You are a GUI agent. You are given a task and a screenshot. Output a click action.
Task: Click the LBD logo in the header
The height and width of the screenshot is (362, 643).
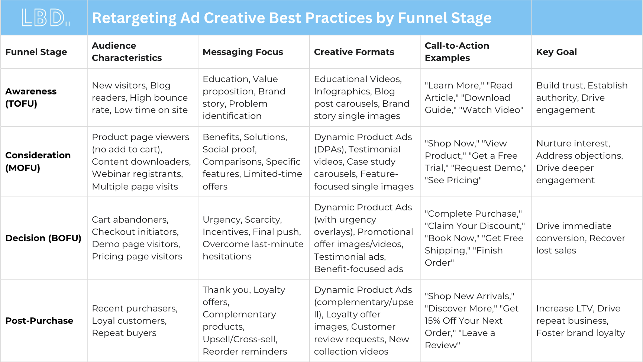45,17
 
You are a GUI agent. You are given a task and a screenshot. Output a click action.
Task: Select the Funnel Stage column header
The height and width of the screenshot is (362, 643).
36,52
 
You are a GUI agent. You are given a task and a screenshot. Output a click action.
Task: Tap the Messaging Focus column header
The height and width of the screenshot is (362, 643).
243,52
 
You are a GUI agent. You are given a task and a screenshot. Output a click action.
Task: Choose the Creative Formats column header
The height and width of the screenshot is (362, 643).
354,52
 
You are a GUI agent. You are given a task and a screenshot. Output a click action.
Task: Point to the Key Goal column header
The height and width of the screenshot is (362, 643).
556,52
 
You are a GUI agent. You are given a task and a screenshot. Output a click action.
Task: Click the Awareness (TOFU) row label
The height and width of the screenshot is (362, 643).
31,97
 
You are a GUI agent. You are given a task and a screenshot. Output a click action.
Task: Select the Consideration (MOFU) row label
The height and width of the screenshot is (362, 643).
38,161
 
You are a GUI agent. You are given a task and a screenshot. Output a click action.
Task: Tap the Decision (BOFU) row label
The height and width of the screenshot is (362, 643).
43,238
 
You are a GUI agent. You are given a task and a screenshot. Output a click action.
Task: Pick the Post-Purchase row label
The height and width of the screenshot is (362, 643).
39,321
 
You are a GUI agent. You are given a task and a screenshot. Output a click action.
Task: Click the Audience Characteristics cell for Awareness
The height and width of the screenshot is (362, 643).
140,98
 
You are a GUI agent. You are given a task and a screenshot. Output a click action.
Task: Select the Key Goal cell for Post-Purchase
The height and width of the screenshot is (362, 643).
580,321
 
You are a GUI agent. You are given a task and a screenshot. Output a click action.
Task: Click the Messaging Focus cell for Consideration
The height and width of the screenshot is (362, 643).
252,162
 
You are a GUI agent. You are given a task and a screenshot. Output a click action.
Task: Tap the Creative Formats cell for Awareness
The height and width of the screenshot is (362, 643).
362,97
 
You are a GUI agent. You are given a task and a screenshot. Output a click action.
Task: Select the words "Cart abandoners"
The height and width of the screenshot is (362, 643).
130,220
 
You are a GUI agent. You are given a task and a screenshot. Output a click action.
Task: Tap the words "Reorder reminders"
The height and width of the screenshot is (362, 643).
245,352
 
